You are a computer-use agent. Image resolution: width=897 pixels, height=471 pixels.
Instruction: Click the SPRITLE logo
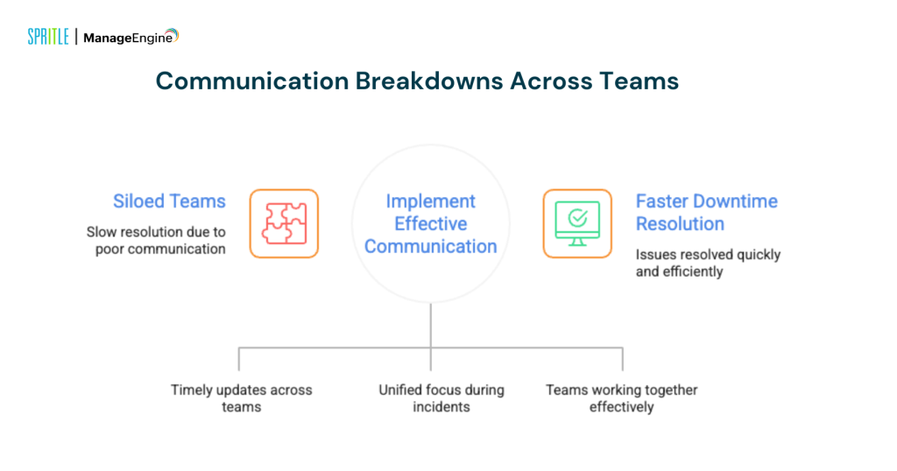47,37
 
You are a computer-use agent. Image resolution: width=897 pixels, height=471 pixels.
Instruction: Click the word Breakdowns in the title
428,81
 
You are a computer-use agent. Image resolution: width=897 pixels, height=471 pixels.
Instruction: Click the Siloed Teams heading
169,201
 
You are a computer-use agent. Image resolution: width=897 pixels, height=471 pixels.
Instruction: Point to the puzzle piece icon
284,223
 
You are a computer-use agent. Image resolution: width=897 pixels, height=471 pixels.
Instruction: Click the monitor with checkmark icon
577,223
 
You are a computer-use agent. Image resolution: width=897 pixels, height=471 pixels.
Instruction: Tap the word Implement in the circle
430,201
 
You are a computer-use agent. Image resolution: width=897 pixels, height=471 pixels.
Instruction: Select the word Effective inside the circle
430,224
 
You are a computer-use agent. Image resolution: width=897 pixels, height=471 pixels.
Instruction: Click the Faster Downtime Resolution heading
706,212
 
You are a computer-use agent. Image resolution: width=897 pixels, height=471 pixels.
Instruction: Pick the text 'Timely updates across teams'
241,398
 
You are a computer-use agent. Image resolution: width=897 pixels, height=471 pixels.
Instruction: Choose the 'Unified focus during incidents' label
441,398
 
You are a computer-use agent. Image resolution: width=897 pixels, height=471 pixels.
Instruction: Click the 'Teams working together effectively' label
621,398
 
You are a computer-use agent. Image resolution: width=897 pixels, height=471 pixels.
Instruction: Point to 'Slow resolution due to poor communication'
156,241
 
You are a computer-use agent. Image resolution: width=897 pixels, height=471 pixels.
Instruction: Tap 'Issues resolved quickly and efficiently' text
708,263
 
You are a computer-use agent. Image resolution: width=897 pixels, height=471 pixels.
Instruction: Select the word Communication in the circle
430,247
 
